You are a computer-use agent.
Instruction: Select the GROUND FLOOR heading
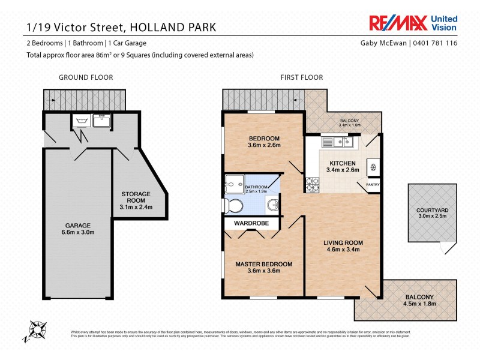point(85,77)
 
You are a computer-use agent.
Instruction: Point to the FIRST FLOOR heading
point(301,77)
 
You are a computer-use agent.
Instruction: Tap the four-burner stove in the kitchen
point(313,185)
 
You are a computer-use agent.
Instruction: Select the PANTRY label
point(372,185)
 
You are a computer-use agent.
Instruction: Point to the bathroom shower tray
point(233,183)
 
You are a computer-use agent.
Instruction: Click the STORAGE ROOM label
point(136,197)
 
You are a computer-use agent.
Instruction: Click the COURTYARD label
point(431,210)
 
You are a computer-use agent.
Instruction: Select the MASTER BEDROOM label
point(263,264)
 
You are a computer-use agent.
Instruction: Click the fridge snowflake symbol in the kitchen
point(373,166)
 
